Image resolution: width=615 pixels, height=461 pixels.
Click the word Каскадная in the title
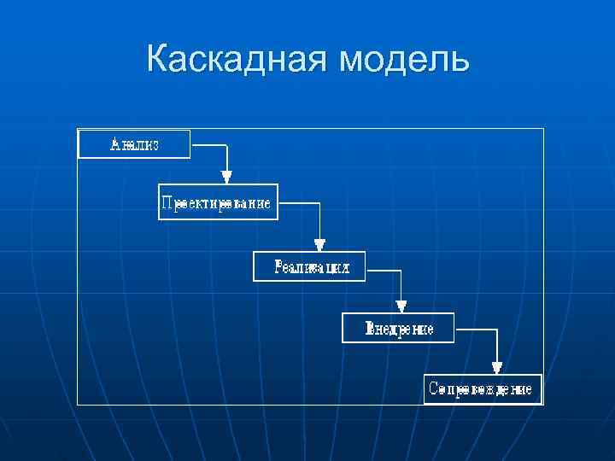pyautogui.click(x=237, y=60)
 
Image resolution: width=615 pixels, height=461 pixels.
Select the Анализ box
pyautogui.click(x=134, y=143)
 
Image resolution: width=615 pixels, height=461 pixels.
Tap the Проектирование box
pyautogui.click(x=218, y=202)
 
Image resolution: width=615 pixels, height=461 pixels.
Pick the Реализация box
pyautogui.click(x=309, y=266)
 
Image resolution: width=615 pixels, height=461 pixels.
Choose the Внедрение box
pyautogui.click(x=398, y=328)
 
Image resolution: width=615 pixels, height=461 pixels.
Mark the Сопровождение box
pyautogui.click(x=483, y=388)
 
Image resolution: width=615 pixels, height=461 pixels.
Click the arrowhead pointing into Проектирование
pyautogui.click(x=226, y=177)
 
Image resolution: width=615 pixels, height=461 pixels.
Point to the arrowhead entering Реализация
pyautogui.click(x=319, y=246)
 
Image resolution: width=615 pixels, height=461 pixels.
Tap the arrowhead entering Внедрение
pyautogui.click(x=401, y=307)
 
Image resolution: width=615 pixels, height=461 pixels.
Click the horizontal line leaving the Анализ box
pyautogui.click(x=208, y=146)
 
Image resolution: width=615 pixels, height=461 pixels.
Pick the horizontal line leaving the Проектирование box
pyautogui.click(x=299, y=203)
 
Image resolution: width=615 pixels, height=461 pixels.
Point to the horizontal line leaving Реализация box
pyautogui.click(x=383, y=271)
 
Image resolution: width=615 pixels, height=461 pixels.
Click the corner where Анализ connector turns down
pyautogui.click(x=226, y=146)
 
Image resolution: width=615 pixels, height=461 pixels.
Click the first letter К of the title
pyautogui.click(x=158, y=60)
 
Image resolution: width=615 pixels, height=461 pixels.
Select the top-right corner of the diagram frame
pyautogui.click(x=543, y=129)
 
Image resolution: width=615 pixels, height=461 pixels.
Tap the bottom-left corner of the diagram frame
pyautogui.click(x=78, y=404)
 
